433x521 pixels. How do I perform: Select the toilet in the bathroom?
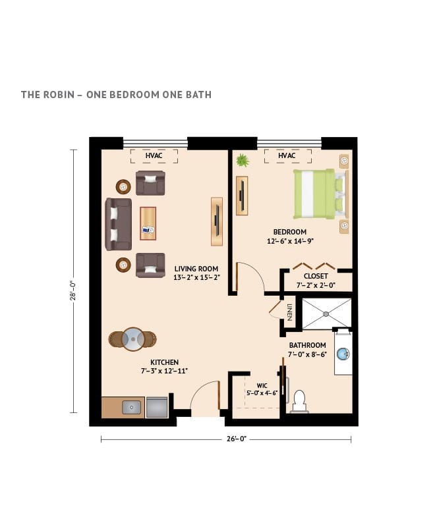pos(299,400)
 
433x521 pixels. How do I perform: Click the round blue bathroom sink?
pos(343,354)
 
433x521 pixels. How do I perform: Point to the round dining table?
pos(133,338)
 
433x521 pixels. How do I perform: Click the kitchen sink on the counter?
pos(132,408)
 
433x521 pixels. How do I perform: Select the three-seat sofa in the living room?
pos(118,224)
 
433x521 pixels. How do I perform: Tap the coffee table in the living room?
pos(148,224)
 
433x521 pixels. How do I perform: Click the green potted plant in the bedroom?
pos(243,160)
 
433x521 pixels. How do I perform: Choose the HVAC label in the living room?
pos(154,156)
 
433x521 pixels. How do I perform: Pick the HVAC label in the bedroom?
pos(286,156)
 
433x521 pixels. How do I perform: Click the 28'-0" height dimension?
pos(74,281)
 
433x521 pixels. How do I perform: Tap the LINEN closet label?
pos(289,311)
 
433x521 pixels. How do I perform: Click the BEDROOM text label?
pos(290,232)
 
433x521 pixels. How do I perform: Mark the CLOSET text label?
pos(316,276)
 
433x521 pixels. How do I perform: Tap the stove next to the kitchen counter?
pos(156,407)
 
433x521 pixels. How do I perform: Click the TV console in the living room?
pos(216,221)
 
